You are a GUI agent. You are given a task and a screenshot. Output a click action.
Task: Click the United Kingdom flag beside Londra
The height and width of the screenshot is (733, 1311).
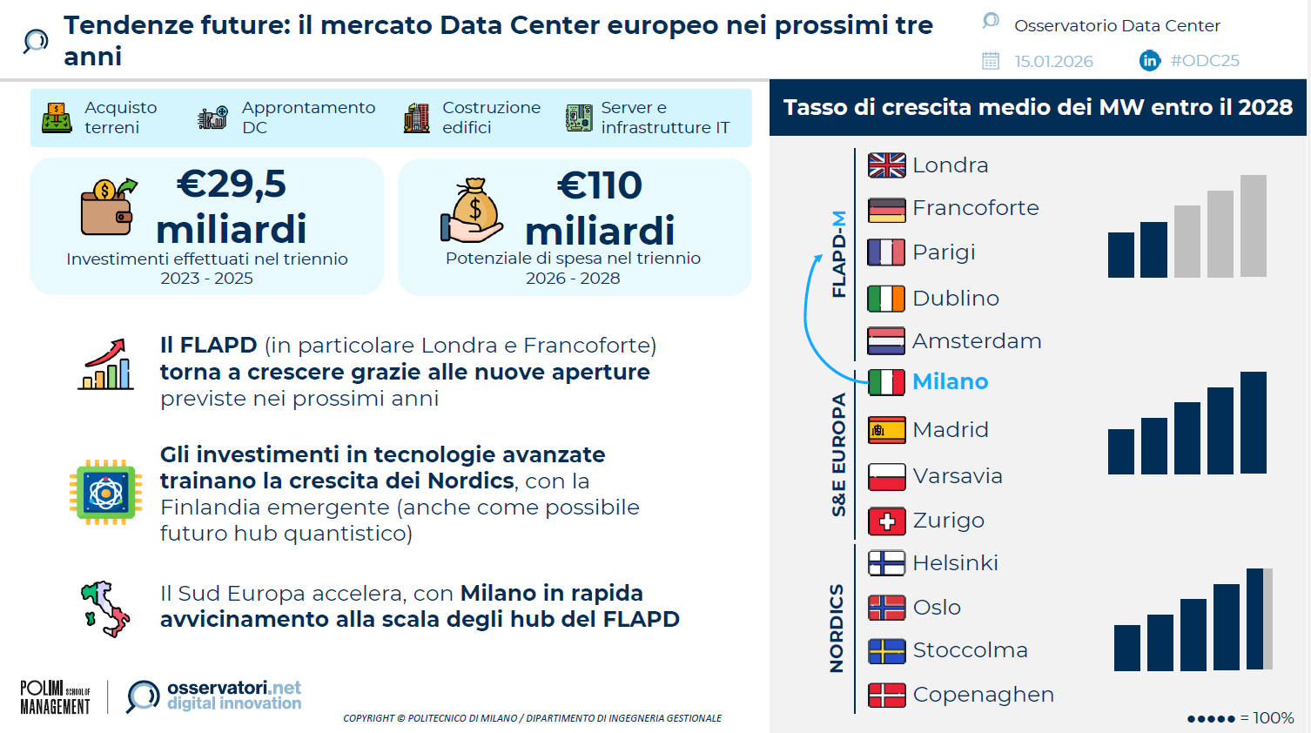[887, 165]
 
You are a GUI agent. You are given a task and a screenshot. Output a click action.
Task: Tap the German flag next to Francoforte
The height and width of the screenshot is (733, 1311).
[887, 210]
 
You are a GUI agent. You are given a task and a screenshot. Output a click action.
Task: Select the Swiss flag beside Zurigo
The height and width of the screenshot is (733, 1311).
[887, 521]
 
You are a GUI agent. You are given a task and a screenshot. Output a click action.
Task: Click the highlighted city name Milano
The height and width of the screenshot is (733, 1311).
[951, 381]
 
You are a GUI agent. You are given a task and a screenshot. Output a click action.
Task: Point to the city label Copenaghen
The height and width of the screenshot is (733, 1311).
[984, 695]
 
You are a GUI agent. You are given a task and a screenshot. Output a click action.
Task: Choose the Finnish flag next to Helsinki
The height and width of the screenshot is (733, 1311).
[887, 563]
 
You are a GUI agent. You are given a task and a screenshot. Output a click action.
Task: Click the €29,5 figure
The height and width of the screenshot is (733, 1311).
[232, 184]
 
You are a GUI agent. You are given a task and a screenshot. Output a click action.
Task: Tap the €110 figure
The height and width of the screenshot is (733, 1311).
[599, 185]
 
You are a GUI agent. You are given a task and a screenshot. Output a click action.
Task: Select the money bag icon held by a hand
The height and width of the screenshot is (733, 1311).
[472, 210]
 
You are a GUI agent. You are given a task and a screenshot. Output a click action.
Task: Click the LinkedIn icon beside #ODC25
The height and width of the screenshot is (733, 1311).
[1150, 60]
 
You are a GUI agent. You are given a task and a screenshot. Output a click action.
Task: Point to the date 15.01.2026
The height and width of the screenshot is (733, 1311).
[1053, 62]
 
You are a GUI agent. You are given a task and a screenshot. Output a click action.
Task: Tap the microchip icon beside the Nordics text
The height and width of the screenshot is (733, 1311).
[106, 493]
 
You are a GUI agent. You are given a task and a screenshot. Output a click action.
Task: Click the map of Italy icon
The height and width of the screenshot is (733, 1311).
[106, 609]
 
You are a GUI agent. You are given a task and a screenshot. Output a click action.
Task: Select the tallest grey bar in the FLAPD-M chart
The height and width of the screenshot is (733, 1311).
[1253, 226]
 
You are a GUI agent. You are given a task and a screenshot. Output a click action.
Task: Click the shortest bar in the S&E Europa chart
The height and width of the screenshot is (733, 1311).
[1120, 452]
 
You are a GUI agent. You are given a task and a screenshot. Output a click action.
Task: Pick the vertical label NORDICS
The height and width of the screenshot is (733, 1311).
[837, 629]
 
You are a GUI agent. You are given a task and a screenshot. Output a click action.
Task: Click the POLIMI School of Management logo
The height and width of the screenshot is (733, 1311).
[56, 696]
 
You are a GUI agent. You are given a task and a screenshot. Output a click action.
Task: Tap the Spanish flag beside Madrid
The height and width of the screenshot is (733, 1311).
[887, 430]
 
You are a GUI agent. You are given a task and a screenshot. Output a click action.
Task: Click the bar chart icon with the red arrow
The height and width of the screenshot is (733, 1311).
[106, 364]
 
